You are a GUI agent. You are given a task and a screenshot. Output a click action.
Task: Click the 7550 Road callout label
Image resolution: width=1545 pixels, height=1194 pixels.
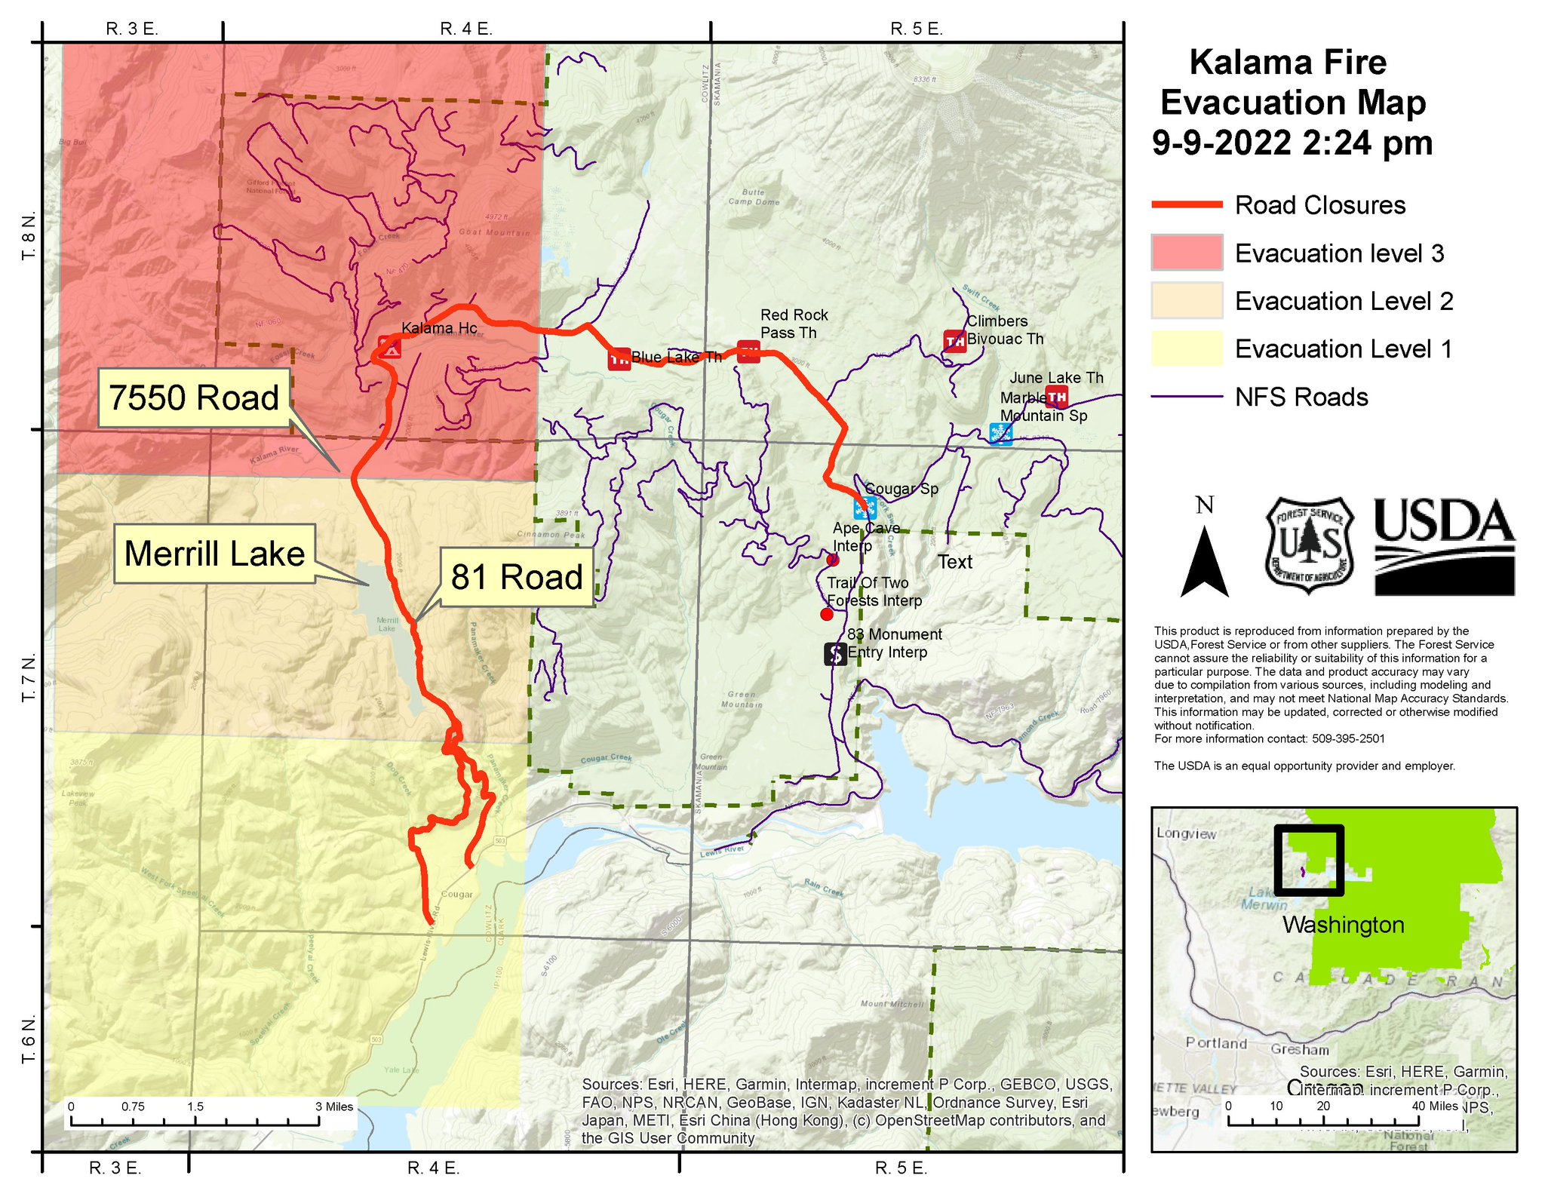pyautogui.click(x=194, y=398)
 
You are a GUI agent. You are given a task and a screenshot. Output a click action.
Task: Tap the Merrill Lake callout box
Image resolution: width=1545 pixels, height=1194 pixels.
pyautogui.click(x=214, y=554)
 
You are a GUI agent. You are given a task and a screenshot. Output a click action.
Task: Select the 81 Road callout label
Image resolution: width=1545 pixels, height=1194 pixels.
pyautogui.click(x=517, y=577)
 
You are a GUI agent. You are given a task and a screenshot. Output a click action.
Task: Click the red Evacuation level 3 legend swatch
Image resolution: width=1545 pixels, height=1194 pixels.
pyautogui.click(x=1187, y=253)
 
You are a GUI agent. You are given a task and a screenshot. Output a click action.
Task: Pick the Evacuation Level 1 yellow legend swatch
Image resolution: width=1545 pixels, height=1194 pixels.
pyautogui.click(x=1187, y=348)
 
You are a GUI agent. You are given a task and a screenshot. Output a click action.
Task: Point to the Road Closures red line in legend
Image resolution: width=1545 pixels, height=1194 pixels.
pyautogui.click(x=1187, y=204)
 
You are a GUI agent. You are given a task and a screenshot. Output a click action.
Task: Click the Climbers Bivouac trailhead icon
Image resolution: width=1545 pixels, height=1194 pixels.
pyautogui.click(x=955, y=341)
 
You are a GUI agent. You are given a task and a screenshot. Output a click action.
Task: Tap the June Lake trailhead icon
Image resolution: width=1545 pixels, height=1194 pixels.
pyautogui.click(x=1057, y=396)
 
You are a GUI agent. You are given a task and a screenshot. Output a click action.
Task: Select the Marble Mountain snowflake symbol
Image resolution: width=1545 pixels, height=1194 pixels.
pyautogui.click(x=1000, y=434)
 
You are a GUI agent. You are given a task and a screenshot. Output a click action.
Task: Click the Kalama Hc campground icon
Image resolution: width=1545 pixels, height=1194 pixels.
pyautogui.click(x=390, y=348)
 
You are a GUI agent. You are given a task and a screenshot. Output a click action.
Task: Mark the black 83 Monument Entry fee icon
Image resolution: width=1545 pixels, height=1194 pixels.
pyautogui.click(x=835, y=654)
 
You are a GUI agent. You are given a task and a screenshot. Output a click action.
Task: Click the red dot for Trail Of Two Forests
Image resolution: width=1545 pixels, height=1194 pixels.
pyautogui.click(x=827, y=615)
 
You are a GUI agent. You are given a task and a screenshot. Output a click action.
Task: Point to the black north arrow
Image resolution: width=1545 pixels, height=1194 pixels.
pyautogui.click(x=1205, y=562)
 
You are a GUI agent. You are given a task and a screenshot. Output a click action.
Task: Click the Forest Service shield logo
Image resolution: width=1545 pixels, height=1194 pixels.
pyautogui.click(x=1309, y=545)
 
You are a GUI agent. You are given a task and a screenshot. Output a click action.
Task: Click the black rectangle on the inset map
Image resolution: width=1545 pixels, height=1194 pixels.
pyautogui.click(x=1309, y=860)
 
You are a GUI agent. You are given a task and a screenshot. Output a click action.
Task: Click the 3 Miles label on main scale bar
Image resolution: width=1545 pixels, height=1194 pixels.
pyautogui.click(x=334, y=1107)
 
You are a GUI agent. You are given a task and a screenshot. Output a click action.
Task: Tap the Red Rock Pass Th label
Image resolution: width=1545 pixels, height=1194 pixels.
pyautogui.click(x=794, y=324)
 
